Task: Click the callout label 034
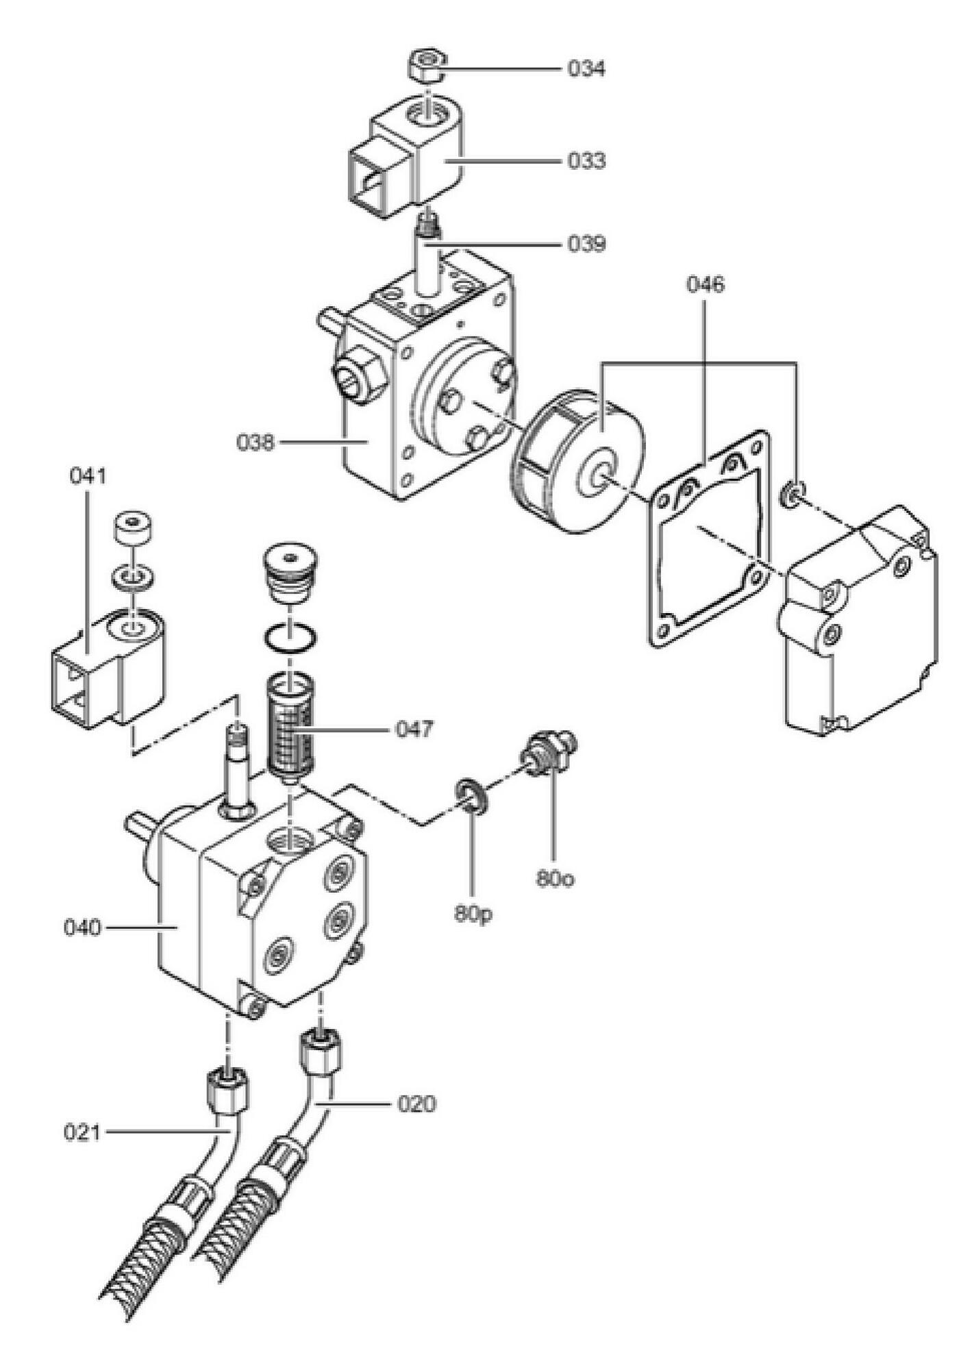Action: [586, 68]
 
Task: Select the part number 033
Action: [586, 161]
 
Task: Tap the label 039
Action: [586, 244]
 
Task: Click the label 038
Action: [256, 443]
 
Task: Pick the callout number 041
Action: [88, 475]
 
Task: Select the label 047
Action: [415, 729]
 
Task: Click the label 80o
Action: [555, 879]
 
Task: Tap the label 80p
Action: [473, 914]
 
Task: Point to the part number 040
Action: [82, 928]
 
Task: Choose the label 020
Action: [416, 1104]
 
